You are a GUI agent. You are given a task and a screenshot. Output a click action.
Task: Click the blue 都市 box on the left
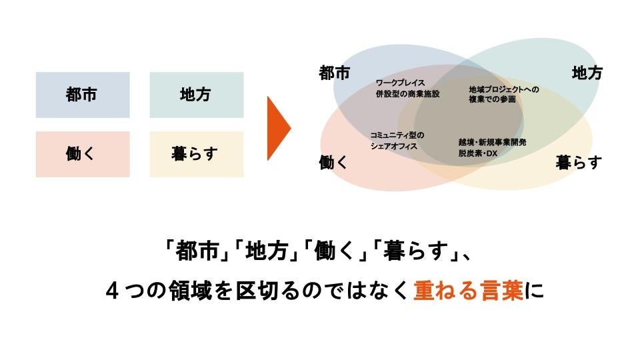83,95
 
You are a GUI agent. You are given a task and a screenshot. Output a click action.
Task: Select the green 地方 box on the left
196,95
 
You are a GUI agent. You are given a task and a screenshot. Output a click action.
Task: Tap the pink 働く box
83,154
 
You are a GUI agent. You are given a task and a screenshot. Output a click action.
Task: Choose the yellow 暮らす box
196,154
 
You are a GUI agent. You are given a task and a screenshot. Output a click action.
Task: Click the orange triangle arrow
278,128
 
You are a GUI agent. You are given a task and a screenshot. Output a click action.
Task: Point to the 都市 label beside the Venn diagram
335,73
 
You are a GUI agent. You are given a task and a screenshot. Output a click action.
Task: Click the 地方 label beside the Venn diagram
587,73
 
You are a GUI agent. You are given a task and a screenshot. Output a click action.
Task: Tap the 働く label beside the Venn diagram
334,162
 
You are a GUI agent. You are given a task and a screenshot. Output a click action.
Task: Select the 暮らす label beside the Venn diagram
579,162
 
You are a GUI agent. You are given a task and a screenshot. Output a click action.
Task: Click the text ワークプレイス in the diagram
402,83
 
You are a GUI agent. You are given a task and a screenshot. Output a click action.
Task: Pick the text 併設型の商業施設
408,94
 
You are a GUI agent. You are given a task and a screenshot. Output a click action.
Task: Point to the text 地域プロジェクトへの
503,89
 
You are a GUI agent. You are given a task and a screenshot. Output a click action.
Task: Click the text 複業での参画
493,99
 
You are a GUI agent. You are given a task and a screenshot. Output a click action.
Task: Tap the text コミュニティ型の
397,135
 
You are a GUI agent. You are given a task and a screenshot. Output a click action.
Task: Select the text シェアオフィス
394,145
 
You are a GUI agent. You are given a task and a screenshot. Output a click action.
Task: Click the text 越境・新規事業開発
493,142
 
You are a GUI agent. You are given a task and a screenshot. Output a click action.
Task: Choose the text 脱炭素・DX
478,153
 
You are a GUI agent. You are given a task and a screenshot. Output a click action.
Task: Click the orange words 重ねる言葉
468,292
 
